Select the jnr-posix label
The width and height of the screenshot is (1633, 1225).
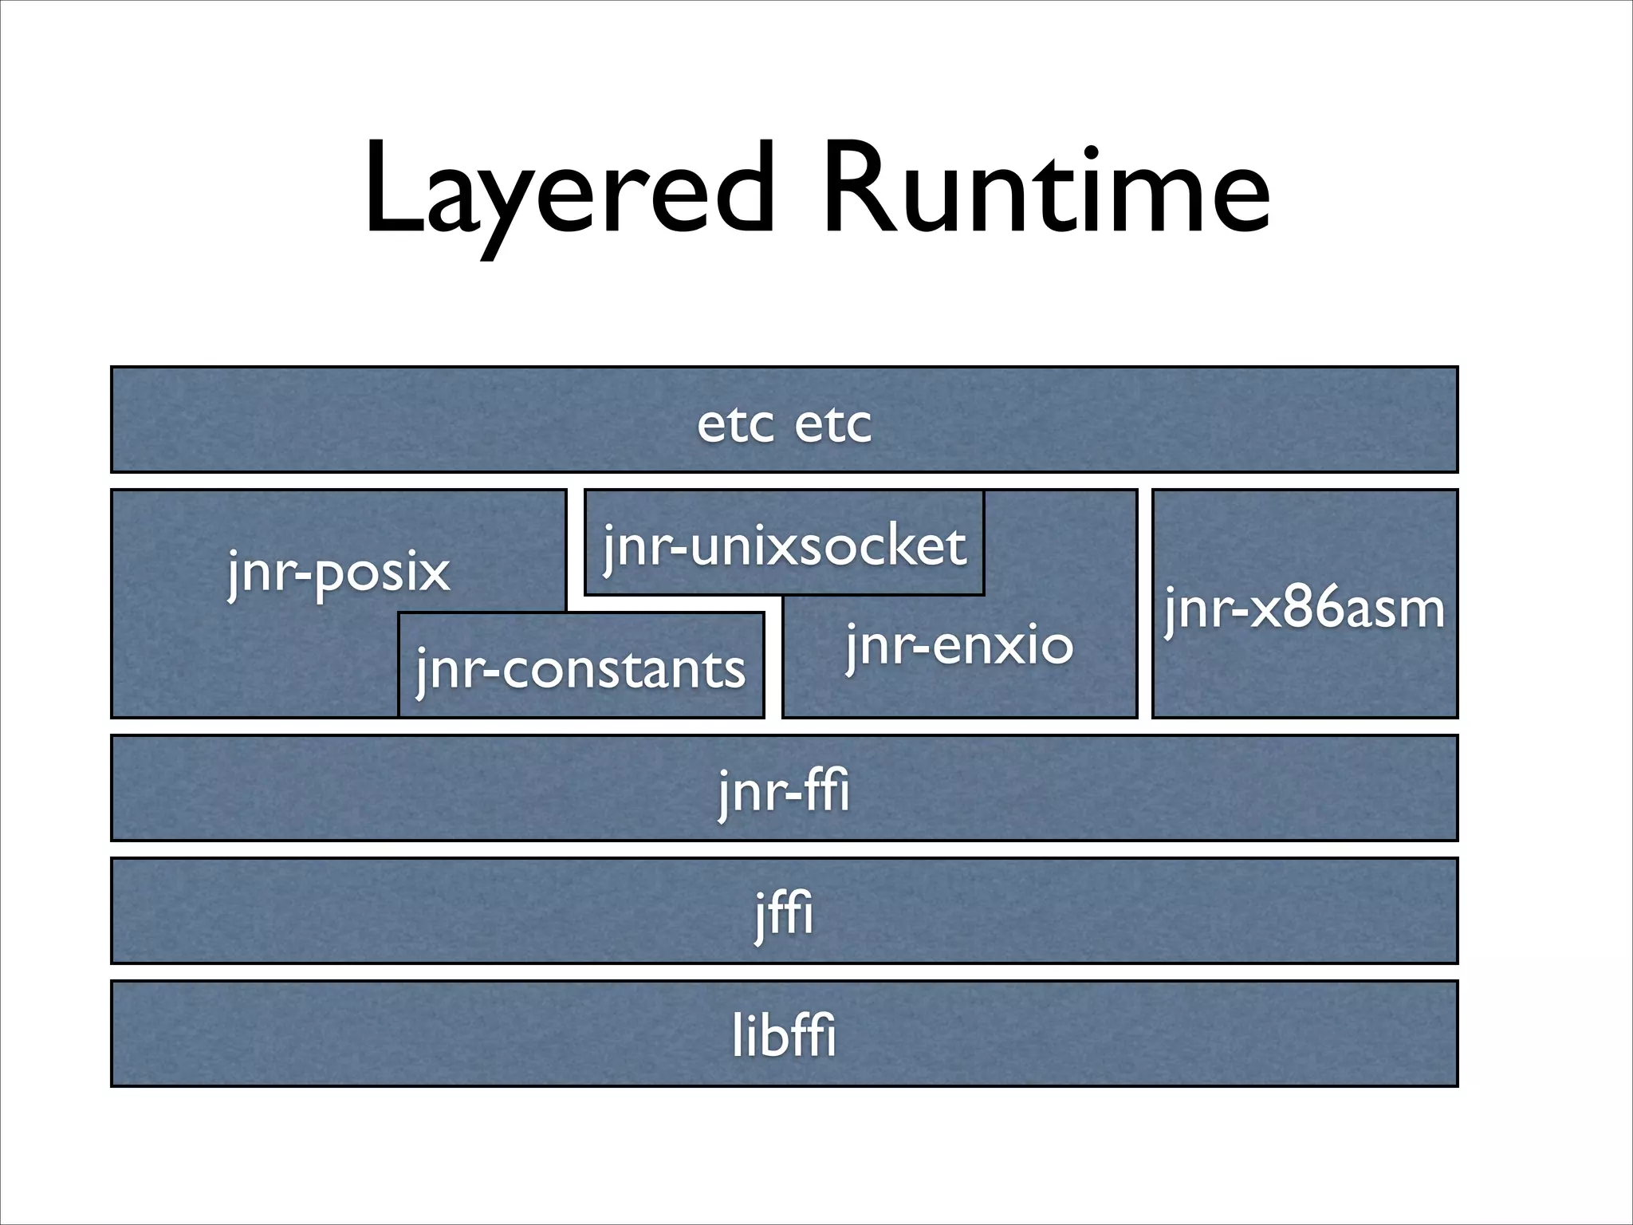(x=339, y=572)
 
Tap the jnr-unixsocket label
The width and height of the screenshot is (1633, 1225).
(x=785, y=547)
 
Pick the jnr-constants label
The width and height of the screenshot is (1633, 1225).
(x=580, y=670)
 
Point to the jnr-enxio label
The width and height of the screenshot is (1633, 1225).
(x=960, y=646)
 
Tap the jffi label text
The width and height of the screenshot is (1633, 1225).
(x=785, y=914)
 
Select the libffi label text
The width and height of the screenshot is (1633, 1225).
(x=785, y=1036)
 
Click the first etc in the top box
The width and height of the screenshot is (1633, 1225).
(x=735, y=424)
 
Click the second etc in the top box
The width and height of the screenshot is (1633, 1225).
(x=833, y=424)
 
